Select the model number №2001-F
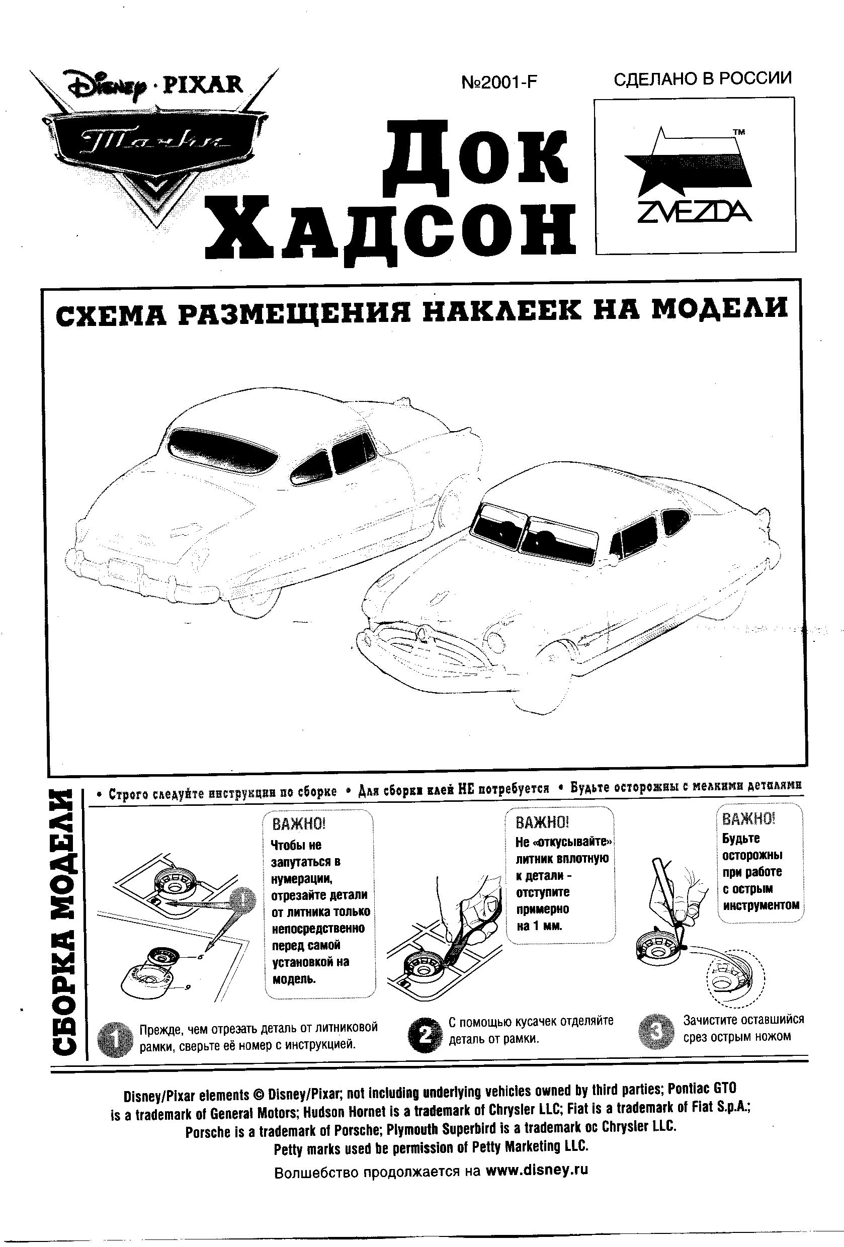(498, 82)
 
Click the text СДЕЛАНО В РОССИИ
(702, 79)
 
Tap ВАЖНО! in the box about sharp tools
(748, 819)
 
